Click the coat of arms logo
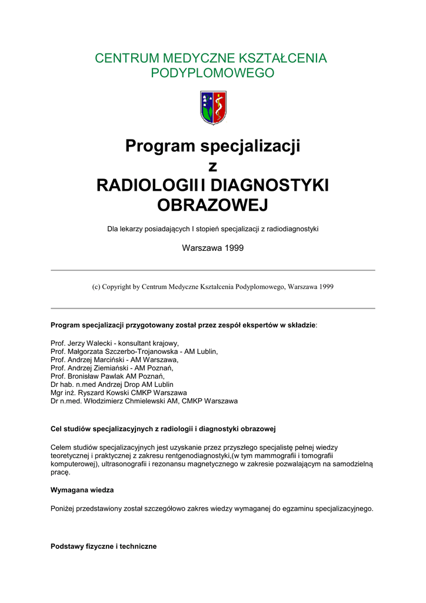(213, 107)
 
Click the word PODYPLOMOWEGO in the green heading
(213, 73)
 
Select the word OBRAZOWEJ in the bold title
(213, 205)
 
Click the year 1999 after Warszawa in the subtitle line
(234, 248)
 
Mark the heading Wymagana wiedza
(82, 490)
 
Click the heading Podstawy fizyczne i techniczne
(104, 546)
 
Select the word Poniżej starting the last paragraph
(64, 508)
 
